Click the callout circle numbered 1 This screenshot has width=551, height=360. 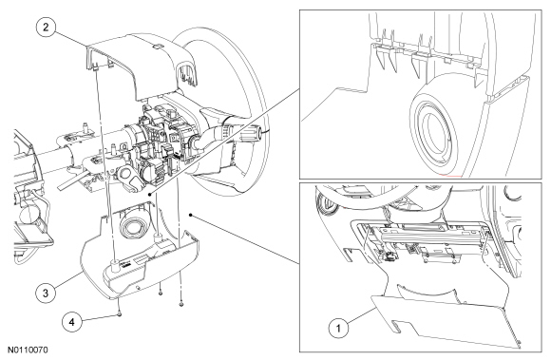point(338,329)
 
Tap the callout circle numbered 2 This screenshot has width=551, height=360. point(46,27)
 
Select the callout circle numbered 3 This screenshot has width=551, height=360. point(46,293)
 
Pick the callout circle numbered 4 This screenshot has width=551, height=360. point(72,322)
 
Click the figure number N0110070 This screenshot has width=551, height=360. point(28,351)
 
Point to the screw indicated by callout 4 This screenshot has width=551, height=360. point(120,314)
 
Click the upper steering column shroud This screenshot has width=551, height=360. point(141,64)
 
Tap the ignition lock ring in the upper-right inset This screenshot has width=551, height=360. point(434,134)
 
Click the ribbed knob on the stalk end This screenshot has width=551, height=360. point(250,134)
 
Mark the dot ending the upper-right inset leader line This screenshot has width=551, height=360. point(150,194)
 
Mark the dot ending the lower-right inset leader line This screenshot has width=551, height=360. point(190,215)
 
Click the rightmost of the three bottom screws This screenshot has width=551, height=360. point(181,304)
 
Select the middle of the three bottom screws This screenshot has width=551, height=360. point(161,293)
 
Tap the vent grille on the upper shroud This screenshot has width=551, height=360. point(187,75)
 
